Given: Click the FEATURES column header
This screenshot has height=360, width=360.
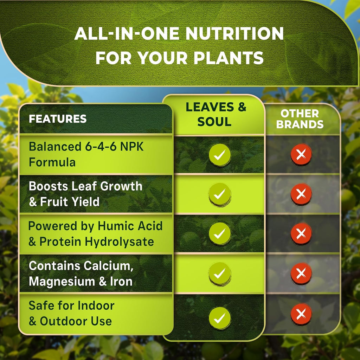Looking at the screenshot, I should click(58, 119).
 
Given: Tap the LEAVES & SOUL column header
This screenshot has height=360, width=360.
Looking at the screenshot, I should click(216, 115).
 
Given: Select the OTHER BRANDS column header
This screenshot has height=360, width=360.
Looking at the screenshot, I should click(300, 119).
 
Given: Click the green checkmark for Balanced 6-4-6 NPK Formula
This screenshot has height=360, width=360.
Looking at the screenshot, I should click(220, 155).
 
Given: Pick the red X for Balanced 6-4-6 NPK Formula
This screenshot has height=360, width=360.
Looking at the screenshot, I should click(301, 154).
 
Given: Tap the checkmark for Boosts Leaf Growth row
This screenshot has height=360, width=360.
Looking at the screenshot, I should click(220, 194).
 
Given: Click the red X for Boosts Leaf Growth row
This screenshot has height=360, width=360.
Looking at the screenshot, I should click(301, 194).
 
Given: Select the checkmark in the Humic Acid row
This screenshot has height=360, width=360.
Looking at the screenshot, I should click(220, 234).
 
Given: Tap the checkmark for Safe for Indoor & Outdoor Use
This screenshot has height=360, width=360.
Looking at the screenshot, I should click(220, 318).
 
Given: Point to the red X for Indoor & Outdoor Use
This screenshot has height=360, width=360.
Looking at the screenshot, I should click(301, 314).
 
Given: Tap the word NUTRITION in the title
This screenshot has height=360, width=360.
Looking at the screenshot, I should click(234, 33).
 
